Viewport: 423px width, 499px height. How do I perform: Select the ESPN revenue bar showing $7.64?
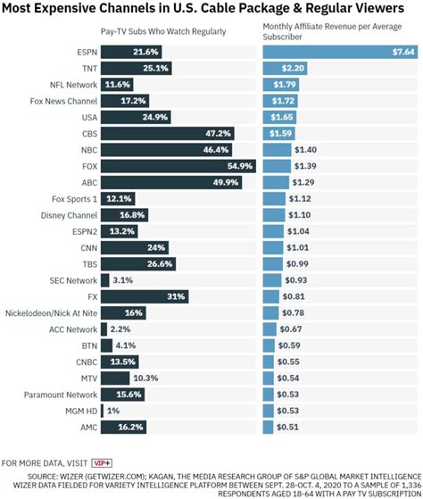pyautogui.click(x=339, y=52)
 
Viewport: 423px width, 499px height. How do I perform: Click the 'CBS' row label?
pyautogui.click(x=86, y=133)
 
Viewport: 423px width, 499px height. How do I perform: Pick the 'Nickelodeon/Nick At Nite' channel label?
pyautogui.click(x=51, y=312)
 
